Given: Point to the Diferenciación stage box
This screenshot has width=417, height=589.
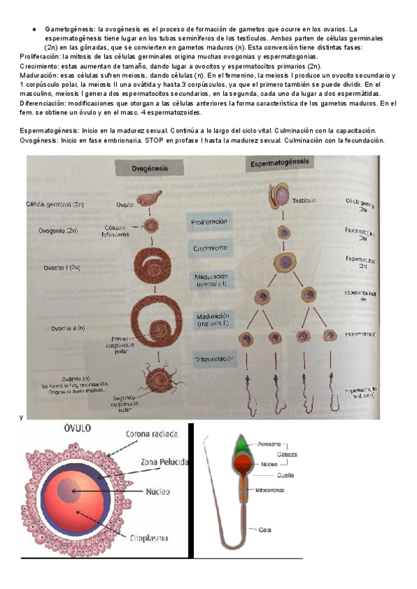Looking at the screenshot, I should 213,359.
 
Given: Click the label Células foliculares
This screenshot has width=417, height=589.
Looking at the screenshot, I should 117,231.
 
